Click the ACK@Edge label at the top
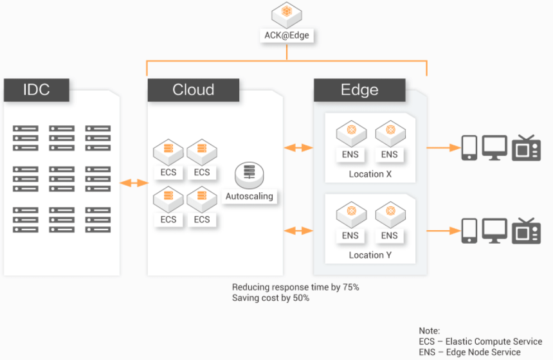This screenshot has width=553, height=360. click(287, 35)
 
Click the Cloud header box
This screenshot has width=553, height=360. click(193, 90)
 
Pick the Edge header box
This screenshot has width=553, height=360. click(359, 90)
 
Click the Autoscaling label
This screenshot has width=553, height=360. click(249, 196)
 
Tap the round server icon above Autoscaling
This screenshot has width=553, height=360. click(249, 174)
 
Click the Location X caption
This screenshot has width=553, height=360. click(370, 174)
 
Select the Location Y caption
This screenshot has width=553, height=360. click(370, 255)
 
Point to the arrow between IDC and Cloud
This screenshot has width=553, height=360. click(134, 183)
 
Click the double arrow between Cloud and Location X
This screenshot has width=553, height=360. click(299, 148)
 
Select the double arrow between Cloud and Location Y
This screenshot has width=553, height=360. click(299, 230)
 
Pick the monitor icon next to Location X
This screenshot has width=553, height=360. click(495, 148)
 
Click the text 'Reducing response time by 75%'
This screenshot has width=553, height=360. click(295, 287)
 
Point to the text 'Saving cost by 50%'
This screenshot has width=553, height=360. click(271, 298)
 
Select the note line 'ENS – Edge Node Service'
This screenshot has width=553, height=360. click(469, 352)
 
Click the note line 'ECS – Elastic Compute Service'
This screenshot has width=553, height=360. click(480, 341)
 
